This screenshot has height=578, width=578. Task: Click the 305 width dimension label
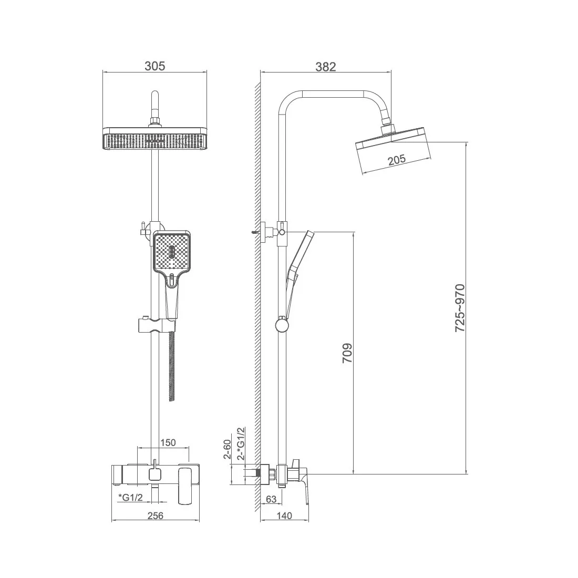click(155, 66)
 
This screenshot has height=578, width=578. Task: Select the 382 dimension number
click(325, 67)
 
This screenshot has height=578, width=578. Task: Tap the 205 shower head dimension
click(397, 160)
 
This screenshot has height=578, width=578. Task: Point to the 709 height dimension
click(347, 353)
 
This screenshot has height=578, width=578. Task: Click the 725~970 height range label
click(460, 308)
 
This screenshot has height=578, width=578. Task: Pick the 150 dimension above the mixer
click(168, 442)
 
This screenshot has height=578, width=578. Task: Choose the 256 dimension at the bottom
click(155, 515)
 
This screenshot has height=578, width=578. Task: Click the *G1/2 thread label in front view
click(130, 497)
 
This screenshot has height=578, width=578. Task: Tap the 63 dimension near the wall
click(271, 499)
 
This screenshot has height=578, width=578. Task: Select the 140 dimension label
click(284, 515)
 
